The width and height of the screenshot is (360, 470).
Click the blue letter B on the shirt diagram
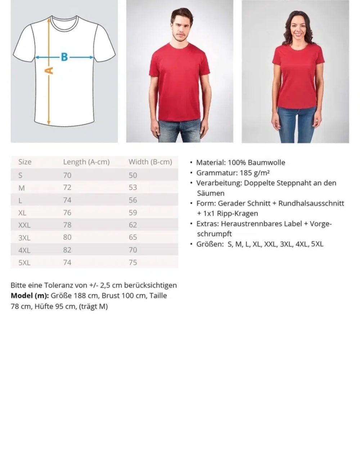point(64,57)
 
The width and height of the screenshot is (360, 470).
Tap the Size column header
point(25,162)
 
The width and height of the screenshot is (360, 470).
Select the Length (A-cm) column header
point(86,162)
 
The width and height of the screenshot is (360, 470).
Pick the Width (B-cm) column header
point(150,162)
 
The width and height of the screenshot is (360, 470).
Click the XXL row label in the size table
point(24,225)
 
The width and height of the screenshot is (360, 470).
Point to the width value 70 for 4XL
point(133,250)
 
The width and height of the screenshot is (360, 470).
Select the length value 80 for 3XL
point(67,238)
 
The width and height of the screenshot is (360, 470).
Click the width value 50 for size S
point(133,175)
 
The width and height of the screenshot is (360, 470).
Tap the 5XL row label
point(24,263)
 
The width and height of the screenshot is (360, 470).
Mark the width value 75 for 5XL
point(133,263)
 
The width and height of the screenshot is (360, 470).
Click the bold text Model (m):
point(30,296)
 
